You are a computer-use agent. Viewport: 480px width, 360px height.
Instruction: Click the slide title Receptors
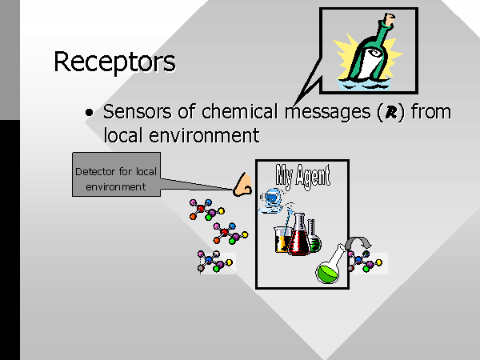pyautogui.click(x=114, y=62)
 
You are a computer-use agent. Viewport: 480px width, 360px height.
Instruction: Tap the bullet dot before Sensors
pyautogui.click(x=89, y=113)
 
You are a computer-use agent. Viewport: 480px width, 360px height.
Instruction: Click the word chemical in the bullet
pyautogui.click(x=239, y=111)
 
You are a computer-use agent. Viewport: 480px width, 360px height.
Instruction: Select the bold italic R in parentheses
pyautogui.click(x=391, y=112)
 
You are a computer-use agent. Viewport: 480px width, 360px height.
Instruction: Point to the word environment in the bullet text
pyautogui.click(x=204, y=135)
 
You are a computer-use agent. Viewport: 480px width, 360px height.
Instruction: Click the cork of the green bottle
pyautogui.click(x=390, y=19)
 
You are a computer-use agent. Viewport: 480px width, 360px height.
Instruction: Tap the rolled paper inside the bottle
pyautogui.click(x=370, y=62)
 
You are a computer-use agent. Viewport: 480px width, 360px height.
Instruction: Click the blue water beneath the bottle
pyautogui.click(x=364, y=84)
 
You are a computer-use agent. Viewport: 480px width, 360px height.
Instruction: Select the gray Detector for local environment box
pyautogui.click(x=116, y=174)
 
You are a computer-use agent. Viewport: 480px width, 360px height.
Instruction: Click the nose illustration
pyautogui.click(x=242, y=185)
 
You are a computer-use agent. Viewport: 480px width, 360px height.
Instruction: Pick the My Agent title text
pyautogui.click(x=302, y=175)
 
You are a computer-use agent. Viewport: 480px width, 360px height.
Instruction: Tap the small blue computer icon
pyautogui.click(x=271, y=201)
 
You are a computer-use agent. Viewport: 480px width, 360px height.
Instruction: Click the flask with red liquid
pyautogui.click(x=299, y=235)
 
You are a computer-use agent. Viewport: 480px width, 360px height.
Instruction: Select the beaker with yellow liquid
pyautogui.click(x=282, y=240)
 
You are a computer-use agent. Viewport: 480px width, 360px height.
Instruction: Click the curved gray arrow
pyautogui.click(x=358, y=242)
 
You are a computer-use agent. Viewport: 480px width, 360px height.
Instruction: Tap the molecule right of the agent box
pyautogui.click(x=366, y=262)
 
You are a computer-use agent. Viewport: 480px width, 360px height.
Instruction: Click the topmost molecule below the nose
pyautogui.click(x=206, y=210)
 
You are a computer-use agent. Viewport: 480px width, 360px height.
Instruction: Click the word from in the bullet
pyautogui.click(x=431, y=111)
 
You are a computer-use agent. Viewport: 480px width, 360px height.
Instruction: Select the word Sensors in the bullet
pyautogui.click(x=138, y=111)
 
